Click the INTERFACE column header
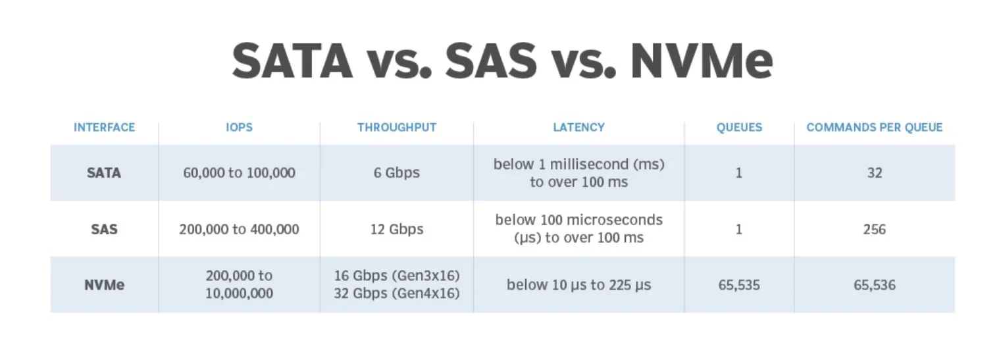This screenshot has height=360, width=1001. point(104,127)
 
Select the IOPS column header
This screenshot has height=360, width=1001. point(239,127)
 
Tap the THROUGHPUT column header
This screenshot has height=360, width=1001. point(397,127)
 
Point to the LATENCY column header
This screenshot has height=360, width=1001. point(578,127)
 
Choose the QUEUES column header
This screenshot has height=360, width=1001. point(739,127)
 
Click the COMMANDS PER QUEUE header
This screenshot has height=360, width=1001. point(875,127)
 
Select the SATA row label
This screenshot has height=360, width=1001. point(104,173)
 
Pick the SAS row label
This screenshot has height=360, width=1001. point(104,229)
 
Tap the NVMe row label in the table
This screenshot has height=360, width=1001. point(104,285)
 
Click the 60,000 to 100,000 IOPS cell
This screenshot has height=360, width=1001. point(239,173)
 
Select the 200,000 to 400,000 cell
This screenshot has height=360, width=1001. point(239,229)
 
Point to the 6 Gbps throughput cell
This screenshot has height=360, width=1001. point(397,173)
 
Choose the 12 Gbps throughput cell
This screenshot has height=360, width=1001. point(397,229)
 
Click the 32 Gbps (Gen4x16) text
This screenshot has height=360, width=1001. point(397,294)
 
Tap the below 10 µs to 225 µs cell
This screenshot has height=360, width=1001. point(578,285)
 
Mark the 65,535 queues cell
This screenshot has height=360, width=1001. point(739,285)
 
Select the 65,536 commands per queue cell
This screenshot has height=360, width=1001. point(875,285)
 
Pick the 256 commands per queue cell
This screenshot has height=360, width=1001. point(875,229)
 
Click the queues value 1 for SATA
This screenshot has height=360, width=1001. point(739,173)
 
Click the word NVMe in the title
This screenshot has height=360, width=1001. point(702,61)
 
